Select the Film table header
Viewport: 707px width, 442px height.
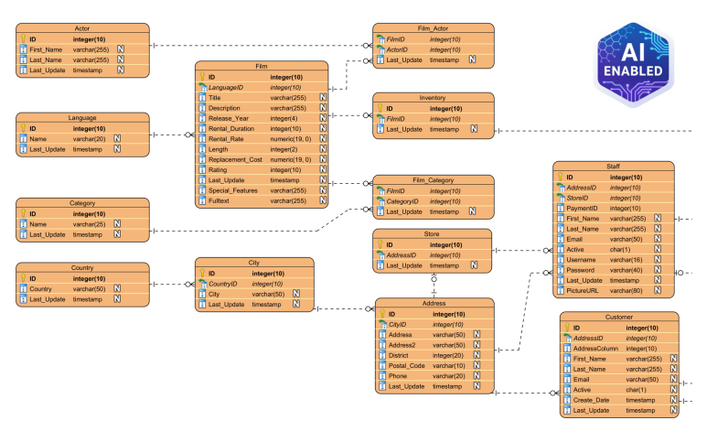coord(262,67)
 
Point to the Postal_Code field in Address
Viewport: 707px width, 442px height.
coord(407,365)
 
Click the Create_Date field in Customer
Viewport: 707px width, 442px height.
coord(594,400)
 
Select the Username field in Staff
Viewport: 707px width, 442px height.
coord(584,259)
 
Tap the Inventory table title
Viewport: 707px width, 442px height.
coord(433,97)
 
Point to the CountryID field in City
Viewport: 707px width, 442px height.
coord(228,284)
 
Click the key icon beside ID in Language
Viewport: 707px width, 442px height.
coord(22,129)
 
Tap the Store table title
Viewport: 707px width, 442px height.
coord(433,234)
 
